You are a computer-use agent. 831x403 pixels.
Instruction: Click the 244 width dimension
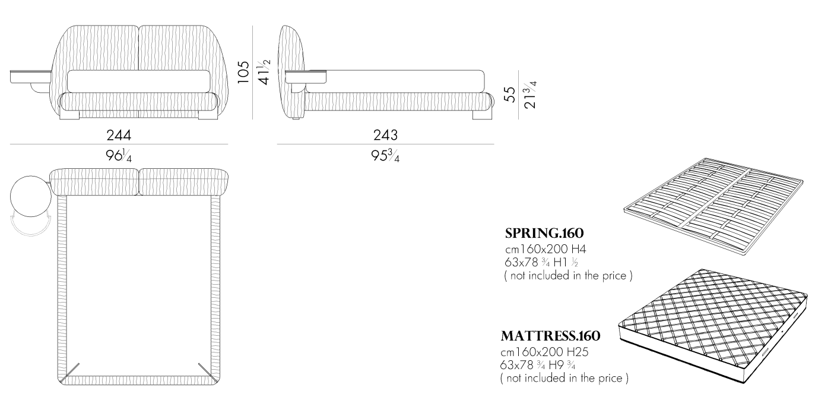[x=119, y=135]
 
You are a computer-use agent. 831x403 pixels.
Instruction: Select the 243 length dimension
[x=385, y=135]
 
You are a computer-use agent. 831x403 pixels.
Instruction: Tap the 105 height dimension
[x=243, y=72]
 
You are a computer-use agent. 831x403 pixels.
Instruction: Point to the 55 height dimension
[x=510, y=95]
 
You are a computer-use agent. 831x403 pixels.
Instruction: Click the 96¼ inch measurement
[x=119, y=156]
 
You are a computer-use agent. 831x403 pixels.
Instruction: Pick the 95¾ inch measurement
[x=385, y=156]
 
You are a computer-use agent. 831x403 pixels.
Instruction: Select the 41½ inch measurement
[x=265, y=72]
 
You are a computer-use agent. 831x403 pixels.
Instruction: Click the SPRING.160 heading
[x=544, y=233]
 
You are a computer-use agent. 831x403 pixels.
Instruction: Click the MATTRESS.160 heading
[x=550, y=336]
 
